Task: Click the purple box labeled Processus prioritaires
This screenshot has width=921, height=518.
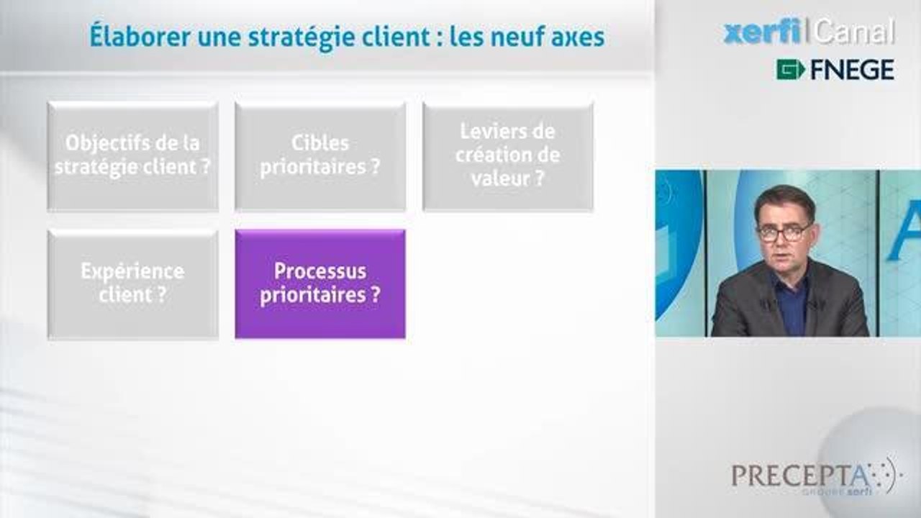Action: [320, 284]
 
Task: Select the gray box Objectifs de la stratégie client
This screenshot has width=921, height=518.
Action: [133, 156]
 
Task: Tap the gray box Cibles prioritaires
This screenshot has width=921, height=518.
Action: [320, 156]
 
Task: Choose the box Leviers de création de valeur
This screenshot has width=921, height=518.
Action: [508, 156]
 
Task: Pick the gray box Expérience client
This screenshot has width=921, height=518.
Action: [133, 284]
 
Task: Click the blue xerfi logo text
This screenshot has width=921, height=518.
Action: [762, 32]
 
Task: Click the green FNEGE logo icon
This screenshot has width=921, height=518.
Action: [790, 70]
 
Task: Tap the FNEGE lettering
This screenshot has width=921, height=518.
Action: [852, 70]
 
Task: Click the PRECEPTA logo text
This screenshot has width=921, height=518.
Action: [799, 476]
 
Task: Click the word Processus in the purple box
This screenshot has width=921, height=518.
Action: [320, 272]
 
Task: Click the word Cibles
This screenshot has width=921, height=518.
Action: [320, 143]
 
